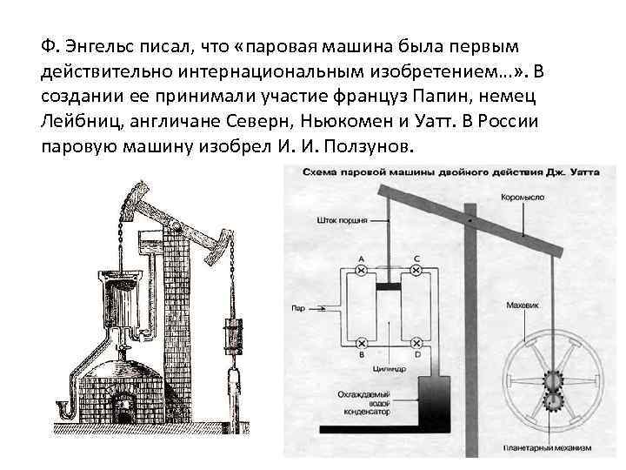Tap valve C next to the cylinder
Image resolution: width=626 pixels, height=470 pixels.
tap(416, 272)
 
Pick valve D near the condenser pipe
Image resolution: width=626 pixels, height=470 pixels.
tap(416, 342)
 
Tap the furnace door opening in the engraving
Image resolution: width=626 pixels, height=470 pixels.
tap(128, 407)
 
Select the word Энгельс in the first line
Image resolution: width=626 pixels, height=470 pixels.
tap(93, 44)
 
